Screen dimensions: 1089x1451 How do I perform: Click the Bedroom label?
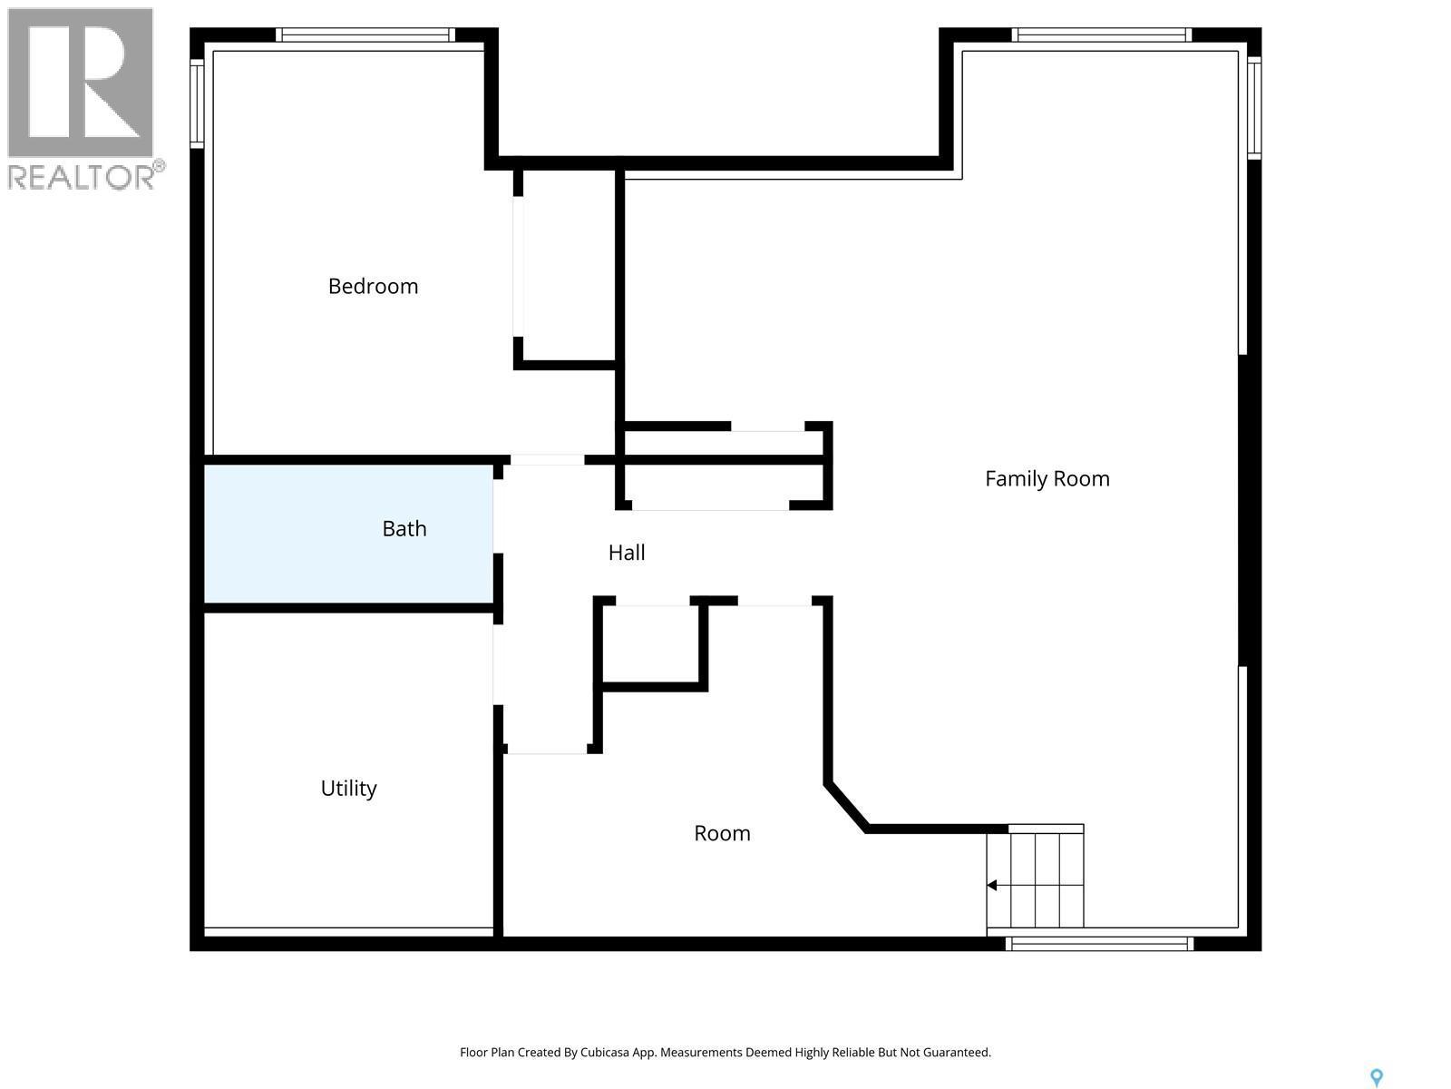373,287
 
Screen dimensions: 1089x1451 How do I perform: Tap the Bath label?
404,529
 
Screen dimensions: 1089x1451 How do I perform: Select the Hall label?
627,553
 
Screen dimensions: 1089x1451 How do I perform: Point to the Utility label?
348,789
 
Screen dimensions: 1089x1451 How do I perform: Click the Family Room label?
1047,479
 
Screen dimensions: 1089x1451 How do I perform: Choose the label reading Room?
722,834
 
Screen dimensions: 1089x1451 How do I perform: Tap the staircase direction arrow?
992,886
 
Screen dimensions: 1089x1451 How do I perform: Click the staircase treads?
1043,876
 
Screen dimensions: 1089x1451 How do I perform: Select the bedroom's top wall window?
365,35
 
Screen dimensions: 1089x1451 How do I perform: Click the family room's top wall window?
1101,35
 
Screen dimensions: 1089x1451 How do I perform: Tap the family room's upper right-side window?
1253,107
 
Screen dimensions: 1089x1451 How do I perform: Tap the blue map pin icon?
1376,1077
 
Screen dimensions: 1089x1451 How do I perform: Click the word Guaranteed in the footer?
956,1053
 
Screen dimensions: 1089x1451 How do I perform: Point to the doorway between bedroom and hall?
547,460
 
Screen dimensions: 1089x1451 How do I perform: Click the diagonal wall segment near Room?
846,807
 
